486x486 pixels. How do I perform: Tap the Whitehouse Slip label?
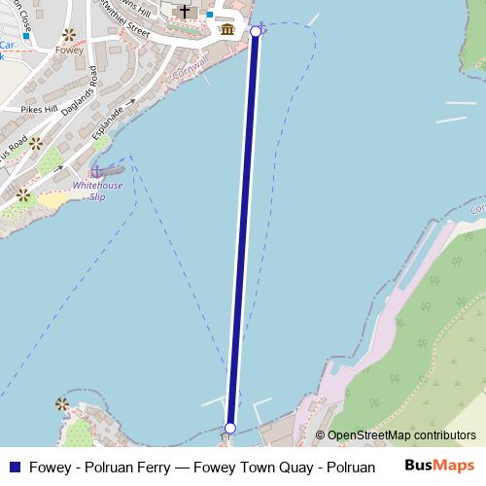pyautogui.click(x=88, y=189)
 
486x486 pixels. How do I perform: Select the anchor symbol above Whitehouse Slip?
pyautogui.click(x=96, y=171)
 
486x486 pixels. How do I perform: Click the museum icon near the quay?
pyautogui.click(x=226, y=29)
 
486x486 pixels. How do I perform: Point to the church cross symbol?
pyautogui.click(x=184, y=12)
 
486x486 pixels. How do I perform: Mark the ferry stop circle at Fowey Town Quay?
pyautogui.click(x=256, y=32)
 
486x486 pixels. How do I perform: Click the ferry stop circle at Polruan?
pyautogui.click(x=230, y=428)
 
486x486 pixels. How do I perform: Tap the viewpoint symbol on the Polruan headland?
pyautogui.click(x=63, y=403)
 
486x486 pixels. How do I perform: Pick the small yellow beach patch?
pyautogui.click(x=53, y=199)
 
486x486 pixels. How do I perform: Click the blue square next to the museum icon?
pyautogui.click(x=208, y=15)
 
